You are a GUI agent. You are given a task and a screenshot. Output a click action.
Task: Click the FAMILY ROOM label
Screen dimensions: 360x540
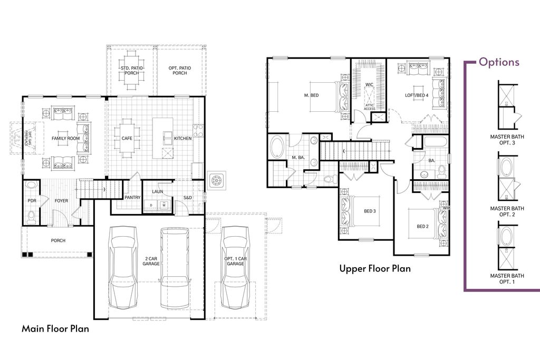point(65,139)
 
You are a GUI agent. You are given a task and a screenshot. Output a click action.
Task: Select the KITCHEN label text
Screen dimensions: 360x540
point(183,139)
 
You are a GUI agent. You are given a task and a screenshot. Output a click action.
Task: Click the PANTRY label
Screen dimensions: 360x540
point(132,197)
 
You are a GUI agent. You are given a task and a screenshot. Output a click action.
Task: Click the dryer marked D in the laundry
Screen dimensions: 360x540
point(151,204)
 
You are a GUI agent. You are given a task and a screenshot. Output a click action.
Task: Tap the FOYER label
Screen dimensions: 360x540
point(61,201)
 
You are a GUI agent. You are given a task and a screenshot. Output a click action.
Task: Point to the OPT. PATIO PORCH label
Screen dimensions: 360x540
point(180,71)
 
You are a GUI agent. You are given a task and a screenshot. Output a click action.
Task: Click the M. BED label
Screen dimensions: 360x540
point(312,95)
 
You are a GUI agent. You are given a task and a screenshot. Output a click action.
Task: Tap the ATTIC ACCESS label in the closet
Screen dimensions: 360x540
point(369,107)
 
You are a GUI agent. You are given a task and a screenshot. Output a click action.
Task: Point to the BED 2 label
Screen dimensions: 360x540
point(422,227)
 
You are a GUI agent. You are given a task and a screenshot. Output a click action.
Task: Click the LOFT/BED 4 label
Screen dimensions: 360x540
point(417,95)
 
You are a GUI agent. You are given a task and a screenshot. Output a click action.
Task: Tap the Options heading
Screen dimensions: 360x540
point(498,62)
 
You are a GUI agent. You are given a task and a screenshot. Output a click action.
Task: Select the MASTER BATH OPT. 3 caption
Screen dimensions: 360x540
point(507,139)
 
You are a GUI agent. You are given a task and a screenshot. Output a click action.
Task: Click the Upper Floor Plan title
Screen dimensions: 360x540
point(374,269)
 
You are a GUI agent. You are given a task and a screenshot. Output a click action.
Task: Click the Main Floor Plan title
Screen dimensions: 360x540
point(55,329)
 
